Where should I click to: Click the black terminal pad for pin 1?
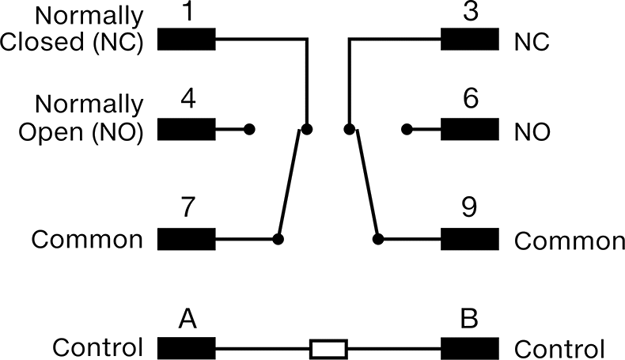coord(187,39)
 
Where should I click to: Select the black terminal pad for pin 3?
coord(470,39)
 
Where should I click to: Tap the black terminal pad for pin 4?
coord(187,129)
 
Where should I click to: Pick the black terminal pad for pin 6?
coord(470,129)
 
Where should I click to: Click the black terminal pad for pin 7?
coord(187,239)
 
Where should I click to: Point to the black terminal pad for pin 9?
coord(470,239)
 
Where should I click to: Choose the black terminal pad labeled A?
coord(187,348)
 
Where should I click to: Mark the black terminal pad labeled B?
coord(470,348)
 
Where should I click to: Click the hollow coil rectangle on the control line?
coord(328,349)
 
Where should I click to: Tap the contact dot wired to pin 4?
coord(249,129)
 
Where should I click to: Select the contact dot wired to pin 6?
coord(407,129)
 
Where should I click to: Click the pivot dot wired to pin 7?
coord(278,239)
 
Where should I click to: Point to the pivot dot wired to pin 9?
coord(378,239)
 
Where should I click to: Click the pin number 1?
coord(187,11)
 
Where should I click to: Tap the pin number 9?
coord(470,207)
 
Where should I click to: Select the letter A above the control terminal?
coord(187,319)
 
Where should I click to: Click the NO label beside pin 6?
coord(532,132)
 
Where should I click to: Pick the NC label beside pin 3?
coord(532,42)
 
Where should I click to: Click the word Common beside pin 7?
coord(87,240)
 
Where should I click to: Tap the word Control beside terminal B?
coord(559,349)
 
